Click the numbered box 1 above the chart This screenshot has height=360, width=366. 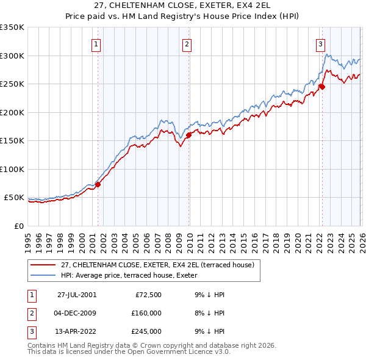point(97,43)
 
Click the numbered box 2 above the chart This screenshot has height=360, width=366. point(187,43)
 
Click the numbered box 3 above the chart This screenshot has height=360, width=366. point(320,43)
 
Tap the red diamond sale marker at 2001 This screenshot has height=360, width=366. point(98,184)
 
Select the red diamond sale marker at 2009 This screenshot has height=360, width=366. point(188,135)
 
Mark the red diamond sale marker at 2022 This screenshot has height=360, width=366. point(321,87)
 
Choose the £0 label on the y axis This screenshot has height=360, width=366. point(18,226)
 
